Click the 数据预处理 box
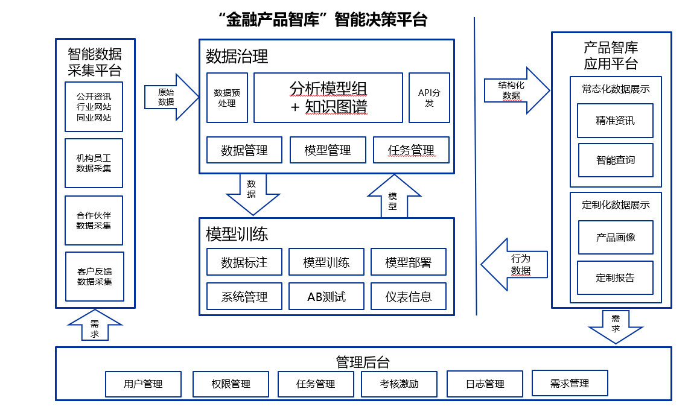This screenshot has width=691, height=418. click(227, 98)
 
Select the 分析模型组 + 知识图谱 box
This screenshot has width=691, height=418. click(328, 98)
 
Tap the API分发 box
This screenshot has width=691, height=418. click(429, 98)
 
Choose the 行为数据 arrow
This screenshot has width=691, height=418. click(516, 264)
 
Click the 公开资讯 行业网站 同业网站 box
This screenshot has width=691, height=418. click(94, 107)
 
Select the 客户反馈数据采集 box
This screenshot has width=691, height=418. click(95, 276)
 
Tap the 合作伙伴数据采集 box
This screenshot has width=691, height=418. click(94, 220)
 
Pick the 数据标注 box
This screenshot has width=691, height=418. click(244, 262)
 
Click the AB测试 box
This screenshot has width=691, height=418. click(326, 297)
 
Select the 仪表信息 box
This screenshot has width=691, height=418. click(409, 297)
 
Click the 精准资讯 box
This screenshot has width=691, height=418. click(615, 120)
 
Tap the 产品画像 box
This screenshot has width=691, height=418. click(615, 237)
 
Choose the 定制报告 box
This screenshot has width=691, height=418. click(615, 277)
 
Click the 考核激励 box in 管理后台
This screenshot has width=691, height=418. click(399, 384)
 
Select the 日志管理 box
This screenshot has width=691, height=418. click(485, 384)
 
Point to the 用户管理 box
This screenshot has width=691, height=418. click(143, 384)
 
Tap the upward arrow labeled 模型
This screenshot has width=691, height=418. click(393, 197)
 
